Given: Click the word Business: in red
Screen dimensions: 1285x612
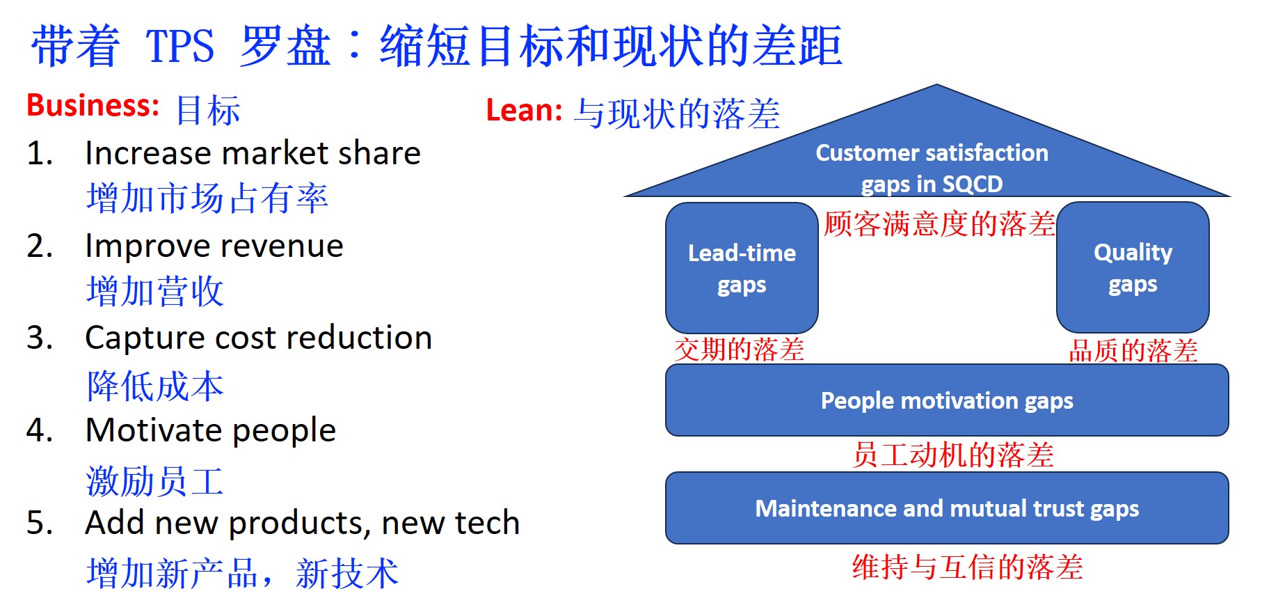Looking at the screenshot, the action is pyautogui.click(x=93, y=106).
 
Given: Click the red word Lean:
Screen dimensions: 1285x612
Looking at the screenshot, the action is pyautogui.click(x=524, y=110).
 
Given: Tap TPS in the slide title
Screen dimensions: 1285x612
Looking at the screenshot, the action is pyautogui.click(x=179, y=46).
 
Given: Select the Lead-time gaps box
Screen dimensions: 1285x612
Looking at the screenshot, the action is pyautogui.click(x=742, y=268).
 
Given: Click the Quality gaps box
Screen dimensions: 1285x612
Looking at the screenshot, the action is pyautogui.click(x=1133, y=267).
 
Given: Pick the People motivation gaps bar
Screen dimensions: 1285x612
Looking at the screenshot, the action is pyautogui.click(x=947, y=400).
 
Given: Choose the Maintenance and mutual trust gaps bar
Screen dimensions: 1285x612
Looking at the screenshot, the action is pyautogui.click(x=947, y=508).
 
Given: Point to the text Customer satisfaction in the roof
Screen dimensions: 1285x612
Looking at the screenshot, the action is pyautogui.click(x=932, y=152).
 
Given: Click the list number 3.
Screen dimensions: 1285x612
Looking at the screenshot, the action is pyautogui.click(x=40, y=338).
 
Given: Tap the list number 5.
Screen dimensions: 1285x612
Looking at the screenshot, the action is pyautogui.click(x=40, y=523).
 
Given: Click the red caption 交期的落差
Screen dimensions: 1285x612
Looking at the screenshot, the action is pyautogui.click(x=739, y=350).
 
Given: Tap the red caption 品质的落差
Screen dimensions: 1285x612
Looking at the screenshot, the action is pyautogui.click(x=1133, y=350).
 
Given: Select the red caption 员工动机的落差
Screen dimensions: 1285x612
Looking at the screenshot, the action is pyautogui.click(x=953, y=455).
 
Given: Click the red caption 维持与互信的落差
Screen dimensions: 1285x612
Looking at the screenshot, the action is pyautogui.click(x=967, y=567).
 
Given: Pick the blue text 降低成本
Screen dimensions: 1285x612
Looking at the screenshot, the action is pyautogui.click(x=155, y=386).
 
